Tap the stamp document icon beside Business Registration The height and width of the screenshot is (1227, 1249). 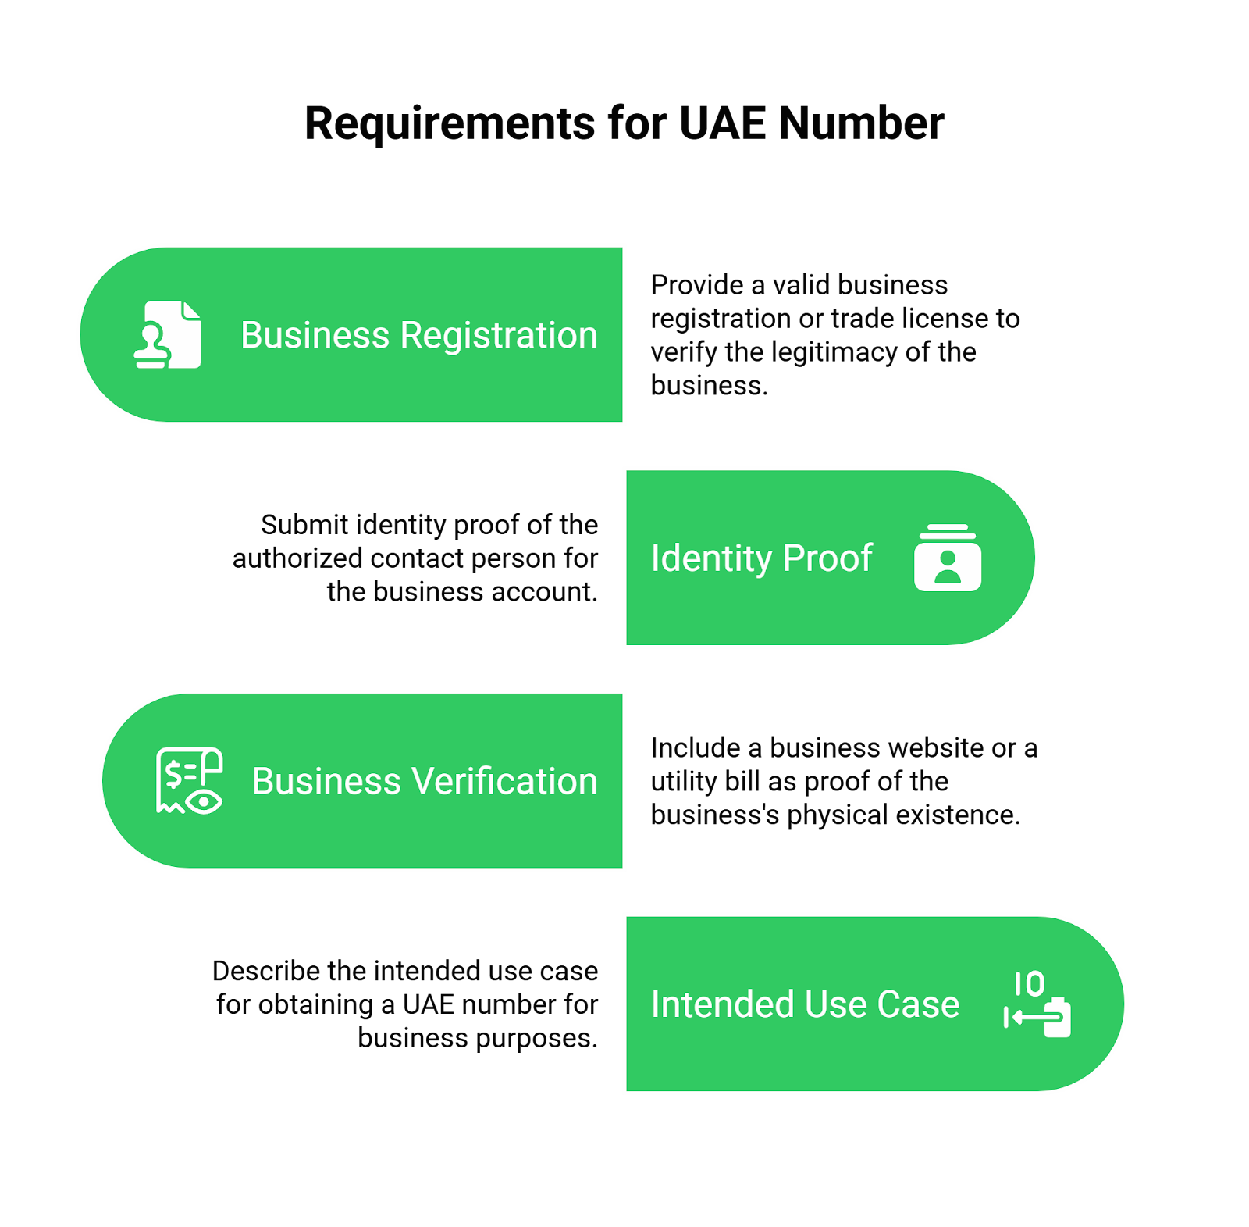[x=168, y=334]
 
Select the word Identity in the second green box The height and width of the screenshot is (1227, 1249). [x=711, y=558]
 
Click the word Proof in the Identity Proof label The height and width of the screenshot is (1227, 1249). [x=827, y=558]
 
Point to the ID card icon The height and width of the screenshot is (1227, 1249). [x=948, y=558]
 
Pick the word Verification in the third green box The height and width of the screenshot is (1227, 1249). [x=504, y=781]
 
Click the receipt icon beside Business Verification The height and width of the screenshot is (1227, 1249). [x=189, y=780]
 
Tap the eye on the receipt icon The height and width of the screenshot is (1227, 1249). [x=205, y=801]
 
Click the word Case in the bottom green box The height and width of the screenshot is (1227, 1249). [x=918, y=1004]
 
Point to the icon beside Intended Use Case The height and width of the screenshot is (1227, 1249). [x=1037, y=1004]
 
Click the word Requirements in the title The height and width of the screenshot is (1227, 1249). [x=450, y=123]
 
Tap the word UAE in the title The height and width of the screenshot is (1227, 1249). [x=723, y=123]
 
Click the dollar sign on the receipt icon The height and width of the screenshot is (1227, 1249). [x=173, y=773]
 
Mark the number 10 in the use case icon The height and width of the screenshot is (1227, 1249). [x=1030, y=984]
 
